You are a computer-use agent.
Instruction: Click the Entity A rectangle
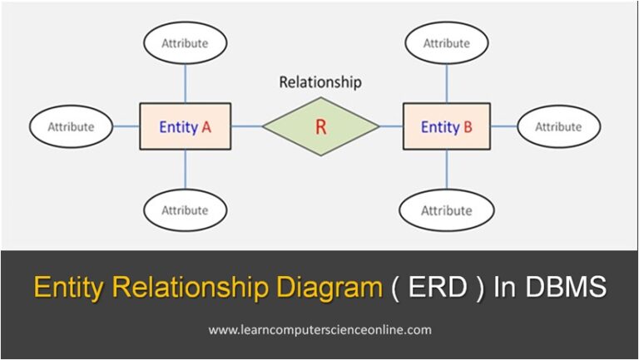click(x=185, y=127)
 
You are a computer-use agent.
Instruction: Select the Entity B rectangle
click(x=446, y=126)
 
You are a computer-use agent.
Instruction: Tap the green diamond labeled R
click(x=320, y=126)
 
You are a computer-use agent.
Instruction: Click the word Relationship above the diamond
click(x=320, y=82)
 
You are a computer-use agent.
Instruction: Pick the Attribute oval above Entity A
click(x=185, y=42)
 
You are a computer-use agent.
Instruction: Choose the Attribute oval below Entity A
click(x=185, y=210)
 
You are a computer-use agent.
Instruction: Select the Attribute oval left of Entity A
click(x=71, y=127)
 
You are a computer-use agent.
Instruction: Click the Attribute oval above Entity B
click(x=447, y=42)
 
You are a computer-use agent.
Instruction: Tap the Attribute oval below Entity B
click(x=447, y=211)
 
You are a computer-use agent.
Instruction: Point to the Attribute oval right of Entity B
click(x=558, y=127)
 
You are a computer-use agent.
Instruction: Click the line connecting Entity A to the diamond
click(x=246, y=126)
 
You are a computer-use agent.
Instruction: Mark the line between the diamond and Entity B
click(x=391, y=126)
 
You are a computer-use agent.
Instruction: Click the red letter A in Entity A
click(x=205, y=127)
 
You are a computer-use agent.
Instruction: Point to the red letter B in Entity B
click(x=468, y=127)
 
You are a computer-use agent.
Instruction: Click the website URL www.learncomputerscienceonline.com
click(x=320, y=330)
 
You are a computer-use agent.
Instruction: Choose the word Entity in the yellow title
click(x=66, y=288)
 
